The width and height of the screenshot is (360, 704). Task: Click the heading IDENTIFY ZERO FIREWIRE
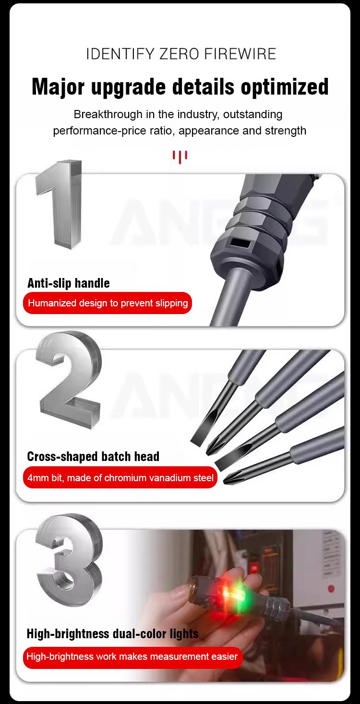coord(181,54)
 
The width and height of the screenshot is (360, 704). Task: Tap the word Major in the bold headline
coord(58,87)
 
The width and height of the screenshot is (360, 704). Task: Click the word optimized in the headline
coord(285,87)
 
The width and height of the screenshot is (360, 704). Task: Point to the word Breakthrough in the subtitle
coord(108,114)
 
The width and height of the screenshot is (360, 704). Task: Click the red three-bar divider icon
coord(180,157)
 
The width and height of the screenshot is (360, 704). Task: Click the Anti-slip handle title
coord(69,283)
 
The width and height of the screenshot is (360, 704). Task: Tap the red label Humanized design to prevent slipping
coord(108,303)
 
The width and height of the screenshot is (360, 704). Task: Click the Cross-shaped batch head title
coord(93,456)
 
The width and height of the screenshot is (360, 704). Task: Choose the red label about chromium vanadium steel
coord(120,477)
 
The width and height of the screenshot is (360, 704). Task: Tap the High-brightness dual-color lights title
coord(112,633)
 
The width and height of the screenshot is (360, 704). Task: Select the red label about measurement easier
coord(132,656)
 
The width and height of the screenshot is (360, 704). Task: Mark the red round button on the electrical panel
coord(331,588)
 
